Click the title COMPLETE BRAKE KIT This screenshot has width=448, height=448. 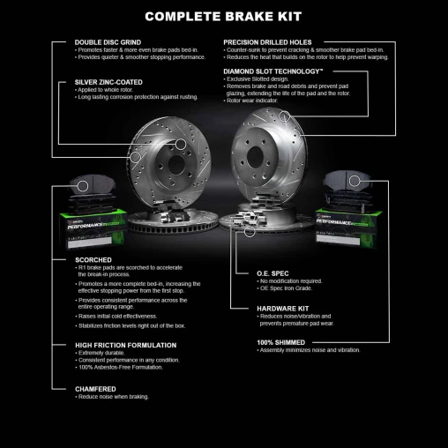(x=223, y=16)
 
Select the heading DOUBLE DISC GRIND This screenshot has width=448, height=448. (x=107, y=42)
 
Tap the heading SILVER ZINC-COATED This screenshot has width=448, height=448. (x=108, y=81)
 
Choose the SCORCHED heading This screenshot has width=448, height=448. (x=93, y=260)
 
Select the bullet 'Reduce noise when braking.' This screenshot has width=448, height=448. (x=113, y=397)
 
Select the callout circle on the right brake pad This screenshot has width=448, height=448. (x=355, y=181)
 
